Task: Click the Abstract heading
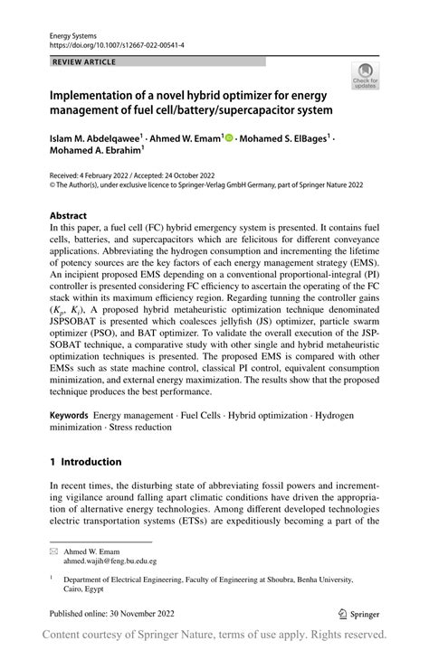(x=68, y=216)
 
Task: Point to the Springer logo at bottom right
(x=358, y=610)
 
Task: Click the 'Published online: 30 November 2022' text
(x=108, y=611)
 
